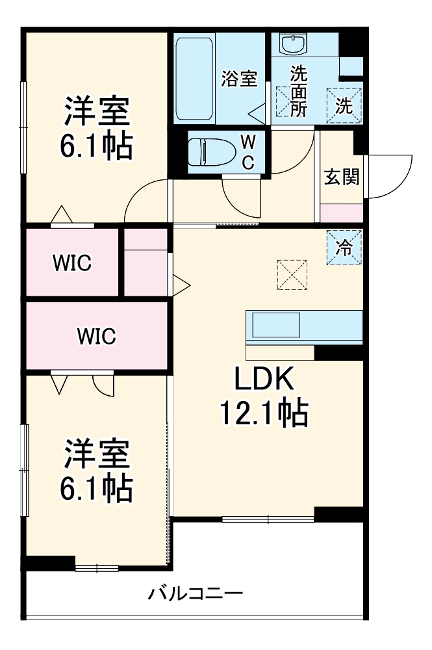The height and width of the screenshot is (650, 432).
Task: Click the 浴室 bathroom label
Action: [x=240, y=80]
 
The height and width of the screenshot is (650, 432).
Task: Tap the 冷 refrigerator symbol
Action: [x=344, y=248]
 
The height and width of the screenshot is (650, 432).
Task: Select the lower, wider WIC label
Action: [x=96, y=336]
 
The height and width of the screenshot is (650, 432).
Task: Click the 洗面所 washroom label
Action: [x=298, y=91]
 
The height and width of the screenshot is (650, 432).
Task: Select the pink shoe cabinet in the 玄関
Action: [x=342, y=212]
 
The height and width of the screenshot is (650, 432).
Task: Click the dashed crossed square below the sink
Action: [x=283, y=101]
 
